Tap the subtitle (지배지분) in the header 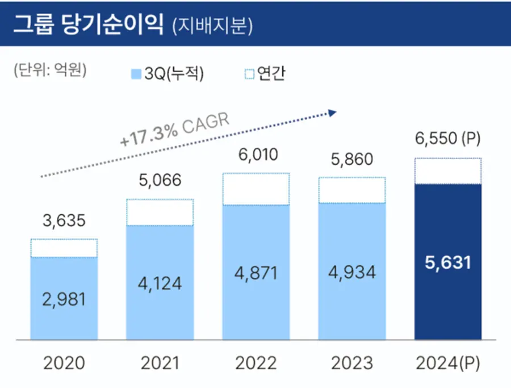(x=212, y=25)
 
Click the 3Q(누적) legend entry (x=167, y=74)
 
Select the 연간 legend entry (x=265, y=74)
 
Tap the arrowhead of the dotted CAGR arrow (x=333, y=113)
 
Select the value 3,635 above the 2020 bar (x=64, y=220)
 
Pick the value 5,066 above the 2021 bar (x=160, y=181)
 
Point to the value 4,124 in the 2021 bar (x=160, y=282)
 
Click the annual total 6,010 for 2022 (x=256, y=155)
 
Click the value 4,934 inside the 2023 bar (x=351, y=272)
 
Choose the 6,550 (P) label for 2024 (x=447, y=139)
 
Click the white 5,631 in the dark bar (x=447, y=262)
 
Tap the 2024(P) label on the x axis (x=447, y=362)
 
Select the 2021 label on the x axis (x=160, y=362)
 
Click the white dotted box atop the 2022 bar (x=256, y=189)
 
